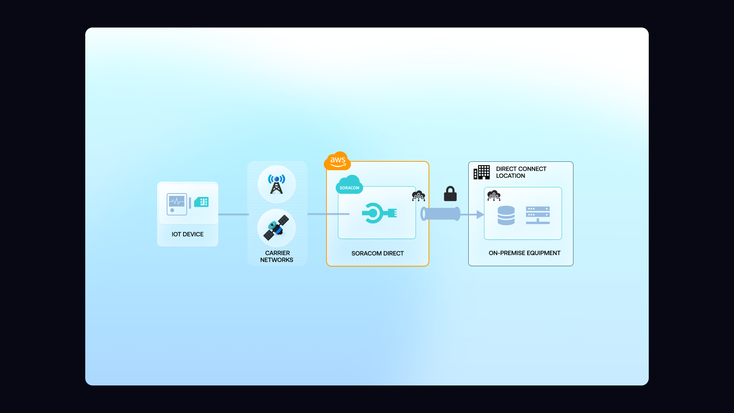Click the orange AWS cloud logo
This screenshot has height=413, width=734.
click(x=337, y=161)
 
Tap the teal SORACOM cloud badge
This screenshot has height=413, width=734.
click(x=349, y=185)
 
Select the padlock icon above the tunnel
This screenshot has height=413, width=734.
click(x=450, y=194)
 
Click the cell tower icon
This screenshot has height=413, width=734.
click(x=276, y=184)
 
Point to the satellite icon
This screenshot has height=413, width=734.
click(x=276, y=228)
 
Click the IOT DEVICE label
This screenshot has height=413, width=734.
click(x=187, y=234)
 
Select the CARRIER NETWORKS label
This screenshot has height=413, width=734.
click(x=277, y=256)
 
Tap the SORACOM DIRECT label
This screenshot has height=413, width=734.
click(x=377, y=253)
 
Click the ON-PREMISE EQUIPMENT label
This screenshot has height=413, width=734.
click(x=524, y=253)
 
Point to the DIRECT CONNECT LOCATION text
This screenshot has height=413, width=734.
click(x=521, y=172)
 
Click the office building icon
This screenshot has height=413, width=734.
click(x=482, y=172)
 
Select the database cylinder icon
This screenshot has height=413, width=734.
click(x=506, y=215)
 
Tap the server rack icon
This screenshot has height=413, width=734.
click(x=538, y=215)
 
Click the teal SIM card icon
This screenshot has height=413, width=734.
click(x=201, y=202)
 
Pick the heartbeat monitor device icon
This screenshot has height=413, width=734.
click(x=177, y=204)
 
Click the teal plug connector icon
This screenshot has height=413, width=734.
click(x=379, y=213)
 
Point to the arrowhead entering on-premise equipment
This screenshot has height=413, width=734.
click(x=480, y=215)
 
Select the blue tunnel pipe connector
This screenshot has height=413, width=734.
click(x=440, y=214)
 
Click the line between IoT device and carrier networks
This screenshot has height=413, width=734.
click(x=233, y=214)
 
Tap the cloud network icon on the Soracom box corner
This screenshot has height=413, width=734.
click(x=418, y=196)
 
